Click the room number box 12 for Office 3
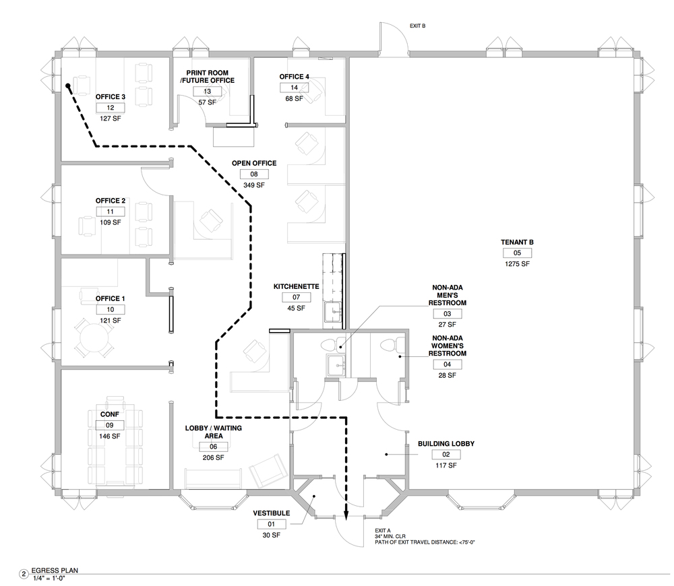click(x=111, y=107)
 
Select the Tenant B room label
click(x=517, y=242)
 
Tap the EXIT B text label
click(x=417, y=26)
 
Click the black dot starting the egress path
click(x=68, y=86)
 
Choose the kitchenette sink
click(x=333, y=311)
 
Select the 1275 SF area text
click(x=517, y=264)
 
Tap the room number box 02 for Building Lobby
click(x=446, y=454)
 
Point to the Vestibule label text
click(x=271, y=513)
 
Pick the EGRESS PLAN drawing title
click(x=55, y=571)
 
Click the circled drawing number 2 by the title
click(x=24, y=574)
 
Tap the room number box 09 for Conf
click(x=110, y=425)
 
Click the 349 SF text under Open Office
click(x=254, y=185)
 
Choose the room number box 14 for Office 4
click(x=294, y=88)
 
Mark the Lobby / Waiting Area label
click(x=214, y=432)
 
